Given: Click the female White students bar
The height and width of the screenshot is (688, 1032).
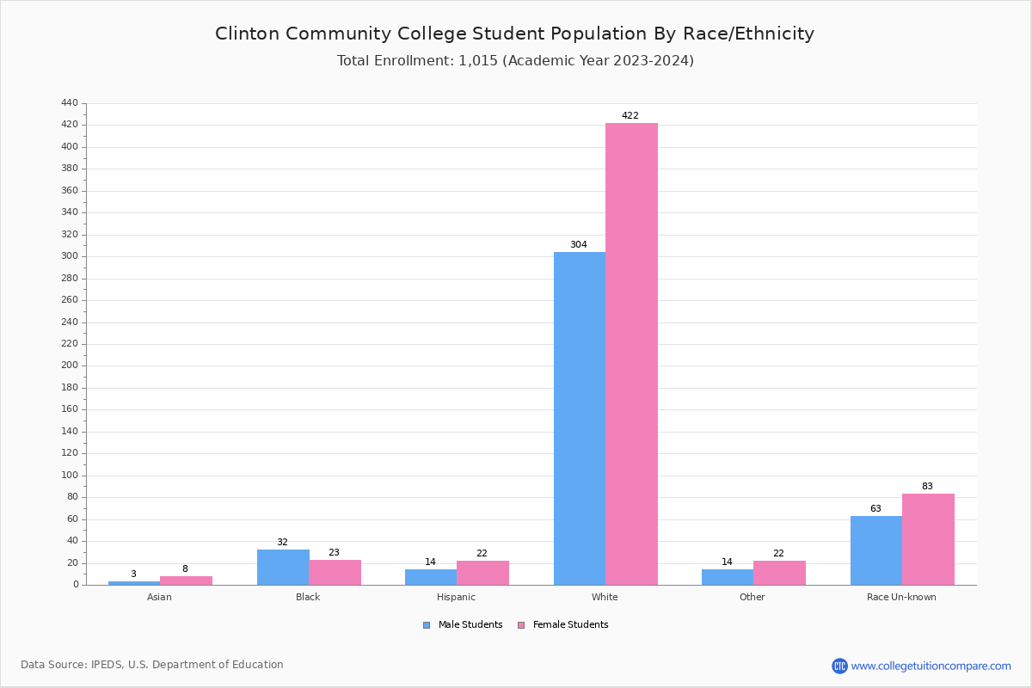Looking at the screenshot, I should pyautogui.click(x=631, y=353).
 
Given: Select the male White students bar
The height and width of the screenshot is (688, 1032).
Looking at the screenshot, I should pyautogui.click(x=579, y=418).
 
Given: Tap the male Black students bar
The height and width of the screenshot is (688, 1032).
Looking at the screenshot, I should pyautogui.click(x=283, y=567).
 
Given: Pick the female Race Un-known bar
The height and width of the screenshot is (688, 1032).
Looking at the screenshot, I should pyautogui.click(x=928, y=539).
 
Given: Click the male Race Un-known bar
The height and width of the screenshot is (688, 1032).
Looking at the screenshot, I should pyautogui.click(x=875, y=550).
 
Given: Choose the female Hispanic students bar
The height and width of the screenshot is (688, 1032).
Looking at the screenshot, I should pyautogui.click(x=482, y=573).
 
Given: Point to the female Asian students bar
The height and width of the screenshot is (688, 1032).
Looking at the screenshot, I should pyautogui.click(x=186, y=580).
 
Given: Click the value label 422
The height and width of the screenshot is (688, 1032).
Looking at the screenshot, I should pyautogui.click(x=630, y=115).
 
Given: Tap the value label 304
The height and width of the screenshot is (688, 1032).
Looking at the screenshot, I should pyautogui.click(x=579, y=245).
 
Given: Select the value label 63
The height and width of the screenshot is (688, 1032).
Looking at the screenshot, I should pyautogui.click(x=875, y=508).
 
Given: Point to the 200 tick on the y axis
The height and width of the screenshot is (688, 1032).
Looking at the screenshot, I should pyautogui.click(x=70, y=365).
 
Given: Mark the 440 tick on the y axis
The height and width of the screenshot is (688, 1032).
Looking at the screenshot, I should pyautogui.click(x=70, y=103).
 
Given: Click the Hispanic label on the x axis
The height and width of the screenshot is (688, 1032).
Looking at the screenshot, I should pyautogui.click(x=456, y=597).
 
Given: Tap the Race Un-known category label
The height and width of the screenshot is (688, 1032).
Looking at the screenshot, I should pyautogui.click(x=901, y=597).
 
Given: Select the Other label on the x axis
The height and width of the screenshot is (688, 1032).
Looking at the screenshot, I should pyautogui.click(x=752, y=597).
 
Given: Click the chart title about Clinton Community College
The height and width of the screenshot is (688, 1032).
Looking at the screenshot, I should pyautogui.click(x=514, y=34).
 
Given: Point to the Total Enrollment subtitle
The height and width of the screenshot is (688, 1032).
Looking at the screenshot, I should pyautogui.click(x=514, y=61).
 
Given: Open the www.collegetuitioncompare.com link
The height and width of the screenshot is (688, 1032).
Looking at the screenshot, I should pyautogui.click(x=931, y=666).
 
